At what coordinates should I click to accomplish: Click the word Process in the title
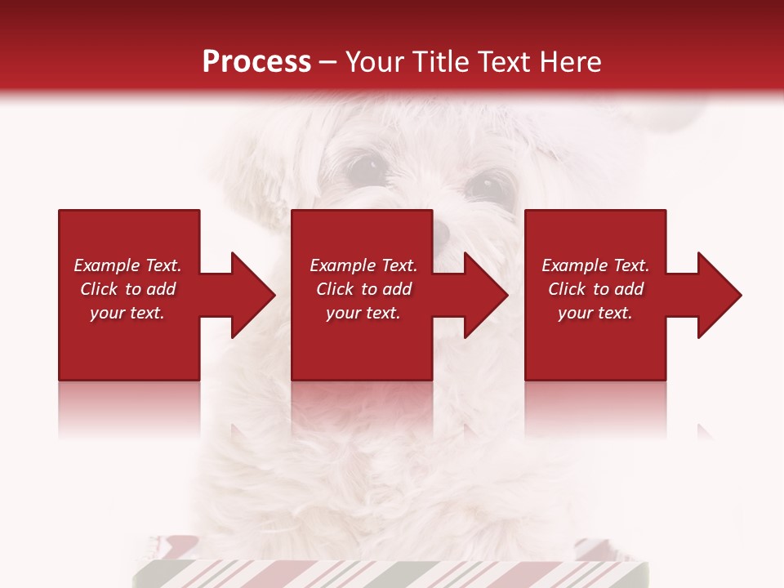[x=256, y=62]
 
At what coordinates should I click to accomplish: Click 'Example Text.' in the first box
[x=127, y=265]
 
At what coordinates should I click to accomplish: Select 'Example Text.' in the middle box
[x=363, y=265]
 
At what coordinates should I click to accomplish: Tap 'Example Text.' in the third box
[x=595, y=265]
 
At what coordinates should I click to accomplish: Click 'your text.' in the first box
[x=127, y=313]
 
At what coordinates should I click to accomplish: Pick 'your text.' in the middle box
[x=363, y=313]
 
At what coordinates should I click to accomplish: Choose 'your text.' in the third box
[x=595, y=313]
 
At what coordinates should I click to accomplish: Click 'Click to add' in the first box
[x=127, y=289]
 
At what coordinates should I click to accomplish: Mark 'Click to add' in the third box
[x=595, y=289]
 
